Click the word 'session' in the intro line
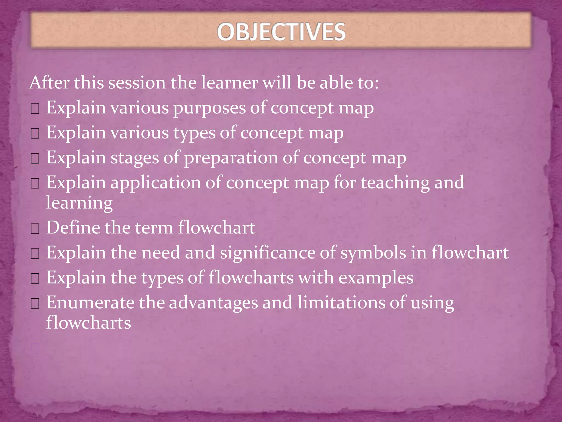tap(137, 83)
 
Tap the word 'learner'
tap(230, 83)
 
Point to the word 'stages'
tap(135, 158)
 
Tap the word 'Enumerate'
tap(90, 302)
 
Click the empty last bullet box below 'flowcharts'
tap(35, 349)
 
